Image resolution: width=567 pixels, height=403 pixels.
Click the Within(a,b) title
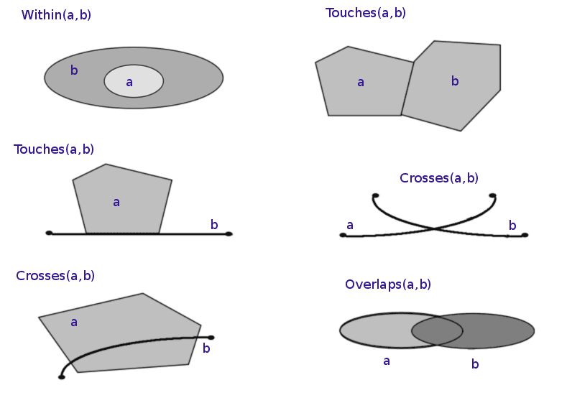[x=56, y=15]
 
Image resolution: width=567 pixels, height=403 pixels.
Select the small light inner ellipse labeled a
[x=134, y=81]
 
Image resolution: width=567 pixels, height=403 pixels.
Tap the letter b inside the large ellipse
[x=74, y=70]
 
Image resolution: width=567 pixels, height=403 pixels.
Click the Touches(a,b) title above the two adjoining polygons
[x=365, y=13]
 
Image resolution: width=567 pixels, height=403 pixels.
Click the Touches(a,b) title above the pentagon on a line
[x=54, y=149]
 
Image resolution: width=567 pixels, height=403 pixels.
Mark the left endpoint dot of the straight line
[x=49, y=233]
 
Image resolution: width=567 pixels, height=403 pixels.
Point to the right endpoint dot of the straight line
[x=229, y=233]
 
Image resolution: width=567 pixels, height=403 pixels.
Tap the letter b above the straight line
[x=214, y=225]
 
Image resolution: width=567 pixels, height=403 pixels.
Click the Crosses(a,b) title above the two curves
[x=439, y=178]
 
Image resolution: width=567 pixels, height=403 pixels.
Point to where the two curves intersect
[x=433, y=229]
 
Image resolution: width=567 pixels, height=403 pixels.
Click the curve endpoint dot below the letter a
[x=343, y=235]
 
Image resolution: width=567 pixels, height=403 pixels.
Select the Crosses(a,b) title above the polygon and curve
[x=55, y=276]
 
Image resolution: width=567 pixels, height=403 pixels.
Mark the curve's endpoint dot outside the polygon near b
[x=211, y=337]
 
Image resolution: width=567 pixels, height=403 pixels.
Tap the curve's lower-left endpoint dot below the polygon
[x=62, y=376]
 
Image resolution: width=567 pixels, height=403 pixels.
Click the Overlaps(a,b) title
[x=388, y=284]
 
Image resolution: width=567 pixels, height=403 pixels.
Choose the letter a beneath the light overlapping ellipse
[x=387, y=361]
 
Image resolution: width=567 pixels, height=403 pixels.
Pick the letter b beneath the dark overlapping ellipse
[x=475, y=364]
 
